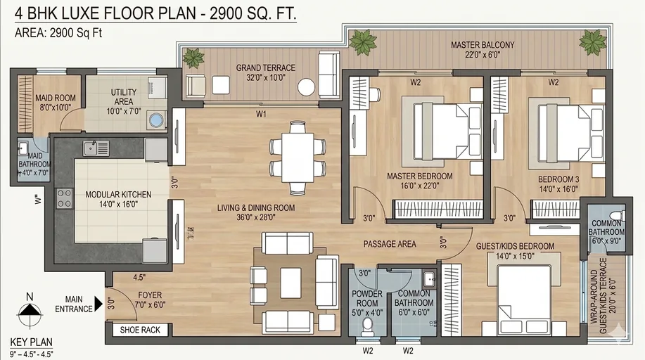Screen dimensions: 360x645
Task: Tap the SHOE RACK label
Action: pos(140,330)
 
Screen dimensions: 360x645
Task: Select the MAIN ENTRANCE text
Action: pos(79,304)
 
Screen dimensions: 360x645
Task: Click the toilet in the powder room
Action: pos(366,324)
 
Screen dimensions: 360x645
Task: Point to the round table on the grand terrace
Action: pos(306,86)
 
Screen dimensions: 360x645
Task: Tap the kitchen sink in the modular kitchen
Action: pos(96,148)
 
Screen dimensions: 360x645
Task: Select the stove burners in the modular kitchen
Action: pos(64,198)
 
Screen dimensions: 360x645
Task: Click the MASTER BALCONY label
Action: pos(483,45)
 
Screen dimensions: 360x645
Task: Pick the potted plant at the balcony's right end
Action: pos(592,42)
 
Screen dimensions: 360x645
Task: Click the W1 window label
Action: pos(261,112)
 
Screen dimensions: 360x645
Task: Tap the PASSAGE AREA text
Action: pos(390,244)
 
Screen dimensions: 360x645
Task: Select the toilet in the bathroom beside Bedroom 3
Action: pos(616,215)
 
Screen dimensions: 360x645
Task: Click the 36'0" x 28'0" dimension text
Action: pos(255,218)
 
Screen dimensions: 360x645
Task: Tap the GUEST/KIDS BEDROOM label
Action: pos(516,246)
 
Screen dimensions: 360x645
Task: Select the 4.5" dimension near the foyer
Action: pos(139,277)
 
